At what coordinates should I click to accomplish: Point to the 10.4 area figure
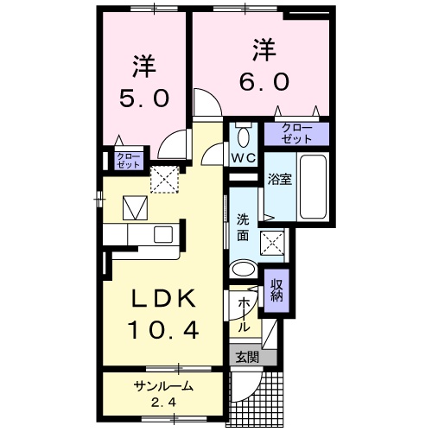[x=164, y=329]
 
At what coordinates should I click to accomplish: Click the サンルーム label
[x=163, y=386]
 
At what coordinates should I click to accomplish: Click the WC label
[x=242, y=158]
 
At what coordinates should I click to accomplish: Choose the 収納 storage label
[x=277, y=292]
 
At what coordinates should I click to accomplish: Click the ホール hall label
[x=244, y=315]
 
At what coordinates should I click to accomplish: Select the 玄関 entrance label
[x=244, y=355]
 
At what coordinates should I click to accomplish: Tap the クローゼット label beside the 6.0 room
[x=296, y=133]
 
